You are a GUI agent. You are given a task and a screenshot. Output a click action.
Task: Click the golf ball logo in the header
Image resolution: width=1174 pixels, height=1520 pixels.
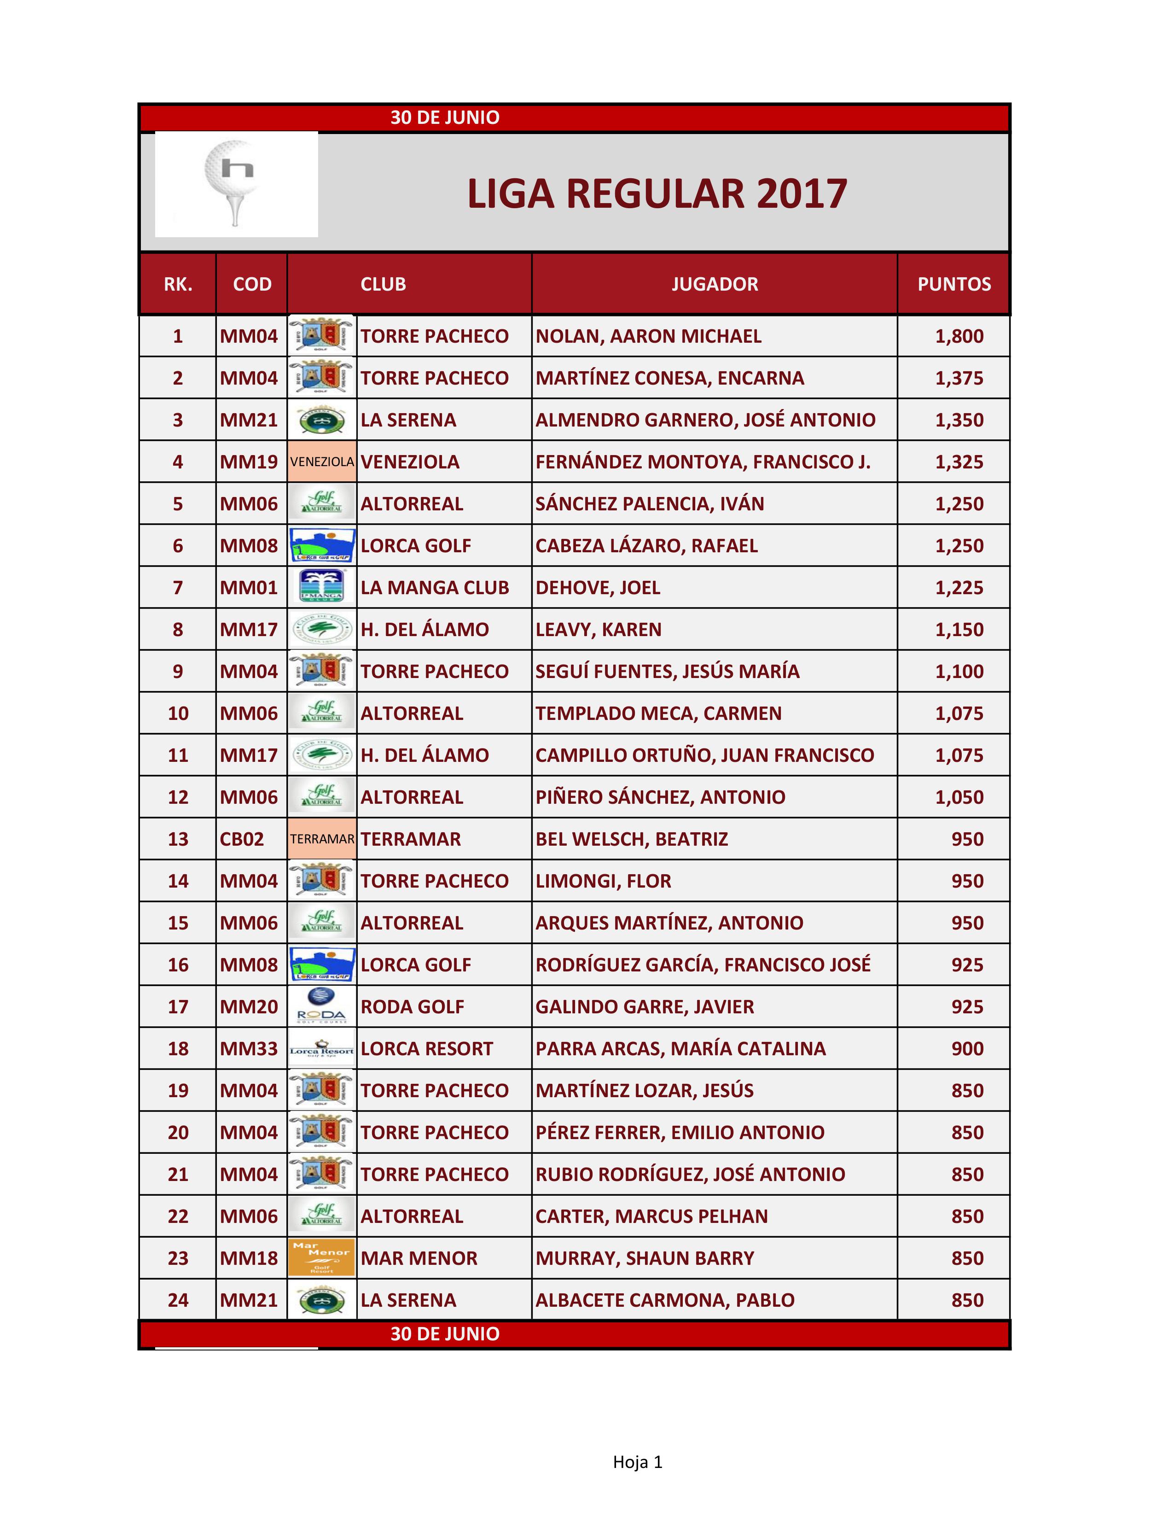tap(235, 182)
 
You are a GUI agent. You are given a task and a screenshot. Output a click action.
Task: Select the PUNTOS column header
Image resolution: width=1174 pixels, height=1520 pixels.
tap(953, 284)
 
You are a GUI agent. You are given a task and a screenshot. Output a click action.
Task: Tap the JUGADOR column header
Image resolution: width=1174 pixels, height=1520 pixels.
tap(714, 284)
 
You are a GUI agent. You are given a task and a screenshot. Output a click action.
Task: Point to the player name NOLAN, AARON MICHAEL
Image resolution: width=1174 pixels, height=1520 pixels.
tap(648, 336)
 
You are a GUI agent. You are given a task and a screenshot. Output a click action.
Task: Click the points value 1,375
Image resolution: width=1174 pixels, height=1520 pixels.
tap(959, 378)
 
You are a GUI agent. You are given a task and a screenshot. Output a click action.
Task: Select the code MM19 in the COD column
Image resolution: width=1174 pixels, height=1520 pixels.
tap(248, 462)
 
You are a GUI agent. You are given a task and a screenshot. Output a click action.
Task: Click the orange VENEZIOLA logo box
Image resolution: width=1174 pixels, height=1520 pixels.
tap(322, 462)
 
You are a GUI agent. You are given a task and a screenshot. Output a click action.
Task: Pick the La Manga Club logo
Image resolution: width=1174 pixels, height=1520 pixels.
tap(321, 587)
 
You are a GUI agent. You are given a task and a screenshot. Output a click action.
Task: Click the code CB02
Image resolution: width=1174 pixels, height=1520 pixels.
tap(241, 839)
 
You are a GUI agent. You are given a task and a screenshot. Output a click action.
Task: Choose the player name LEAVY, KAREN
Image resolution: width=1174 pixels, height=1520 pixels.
tap(598, 629)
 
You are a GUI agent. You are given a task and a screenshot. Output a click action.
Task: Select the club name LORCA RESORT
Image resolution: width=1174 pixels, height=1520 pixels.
tap(426, 1048)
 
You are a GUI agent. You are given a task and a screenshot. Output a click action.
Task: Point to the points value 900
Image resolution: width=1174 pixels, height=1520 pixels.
tap(967, 1048)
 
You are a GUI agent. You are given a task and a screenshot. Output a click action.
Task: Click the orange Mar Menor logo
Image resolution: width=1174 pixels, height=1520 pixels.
tap(321, 1257)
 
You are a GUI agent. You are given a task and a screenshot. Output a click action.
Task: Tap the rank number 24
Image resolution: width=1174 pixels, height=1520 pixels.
tap(178, 1299)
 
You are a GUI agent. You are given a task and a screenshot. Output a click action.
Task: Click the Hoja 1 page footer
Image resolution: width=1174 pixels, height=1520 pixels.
tap(637, 1462)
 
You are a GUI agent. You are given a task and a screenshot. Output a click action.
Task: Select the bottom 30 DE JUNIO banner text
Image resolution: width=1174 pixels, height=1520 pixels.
tap(444, 1333)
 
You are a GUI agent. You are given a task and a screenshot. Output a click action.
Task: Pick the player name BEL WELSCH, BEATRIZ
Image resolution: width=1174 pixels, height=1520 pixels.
tap(632, 839)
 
